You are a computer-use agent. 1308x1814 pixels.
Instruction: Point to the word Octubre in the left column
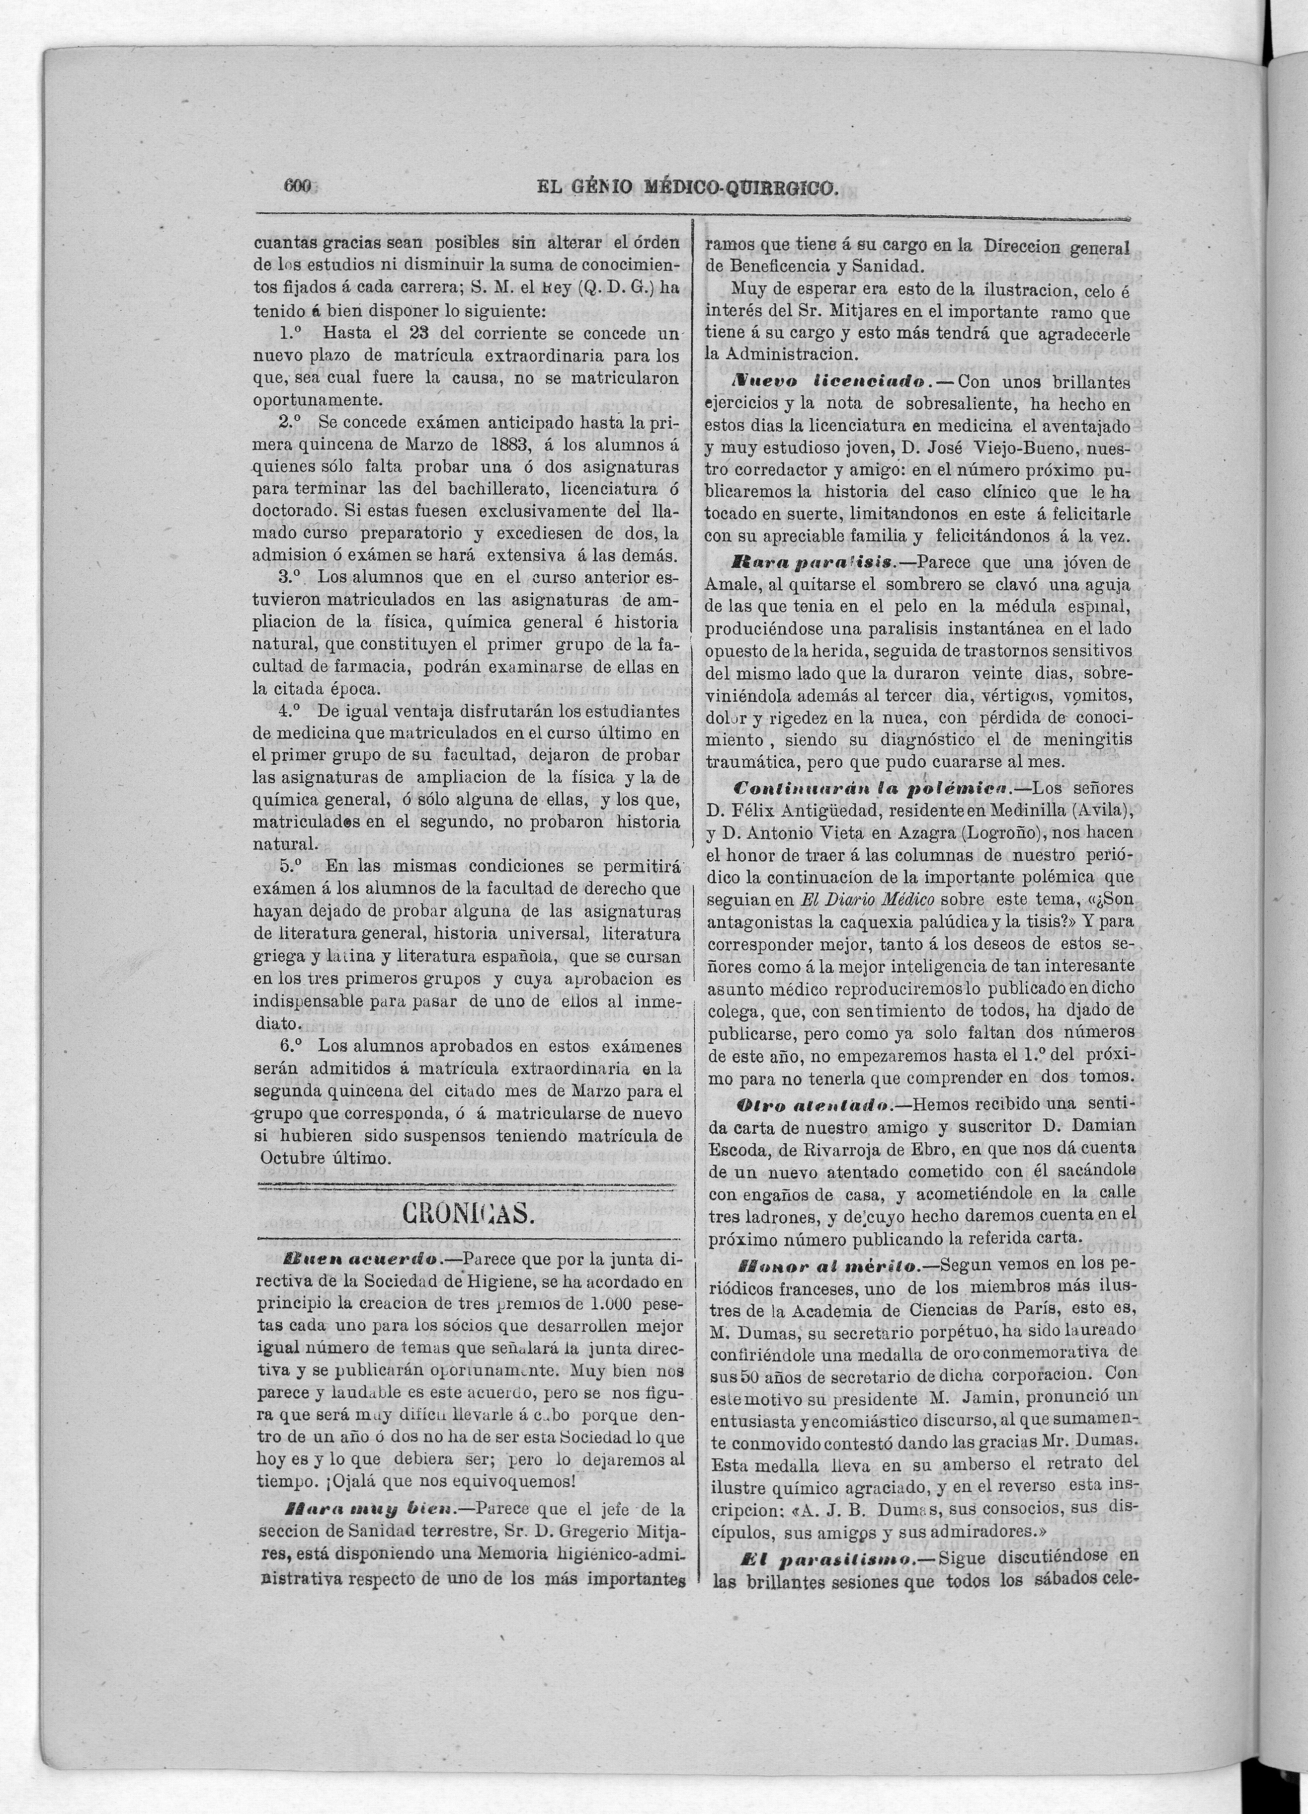[x=293, y=1158]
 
